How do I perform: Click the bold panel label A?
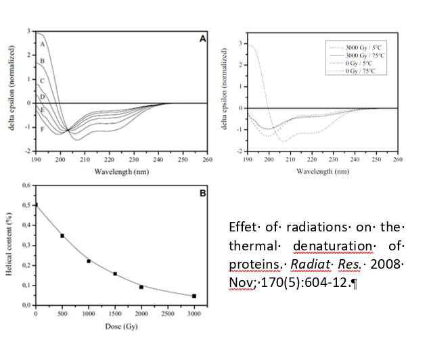pos(202,39)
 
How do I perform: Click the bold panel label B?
pos(202,192)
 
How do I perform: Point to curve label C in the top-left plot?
pos(42,81)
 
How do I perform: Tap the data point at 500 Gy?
pos(62,235)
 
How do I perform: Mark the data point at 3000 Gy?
pos(194,296)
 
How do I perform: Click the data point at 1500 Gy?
pos(115,273)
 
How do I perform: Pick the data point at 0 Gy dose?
pos(36,204)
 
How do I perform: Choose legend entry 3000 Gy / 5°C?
pos(366,47)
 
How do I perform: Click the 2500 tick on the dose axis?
pos(168,313)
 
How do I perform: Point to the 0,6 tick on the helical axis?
pos(26,185)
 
